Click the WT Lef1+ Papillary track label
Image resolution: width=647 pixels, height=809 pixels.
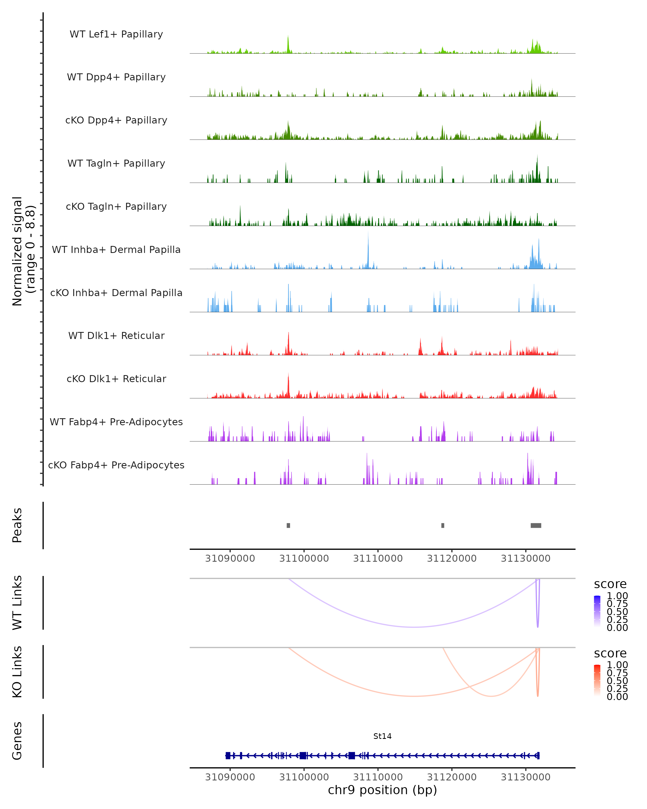pos(116,34)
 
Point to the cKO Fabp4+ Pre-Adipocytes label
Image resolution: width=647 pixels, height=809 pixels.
pos(116,465)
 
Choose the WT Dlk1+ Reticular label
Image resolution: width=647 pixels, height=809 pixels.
pos(116,335)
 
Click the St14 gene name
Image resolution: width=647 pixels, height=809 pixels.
pos(382,736)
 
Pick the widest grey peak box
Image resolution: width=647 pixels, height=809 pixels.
pos(536,525)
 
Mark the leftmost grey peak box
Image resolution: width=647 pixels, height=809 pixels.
pos(288,525)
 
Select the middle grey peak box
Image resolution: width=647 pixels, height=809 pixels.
pos(443,525)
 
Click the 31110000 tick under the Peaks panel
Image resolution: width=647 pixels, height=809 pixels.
pos(378,558)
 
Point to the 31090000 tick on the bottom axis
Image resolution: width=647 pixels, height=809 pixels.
pos(230,777)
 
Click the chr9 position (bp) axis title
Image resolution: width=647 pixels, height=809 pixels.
pos(382,790)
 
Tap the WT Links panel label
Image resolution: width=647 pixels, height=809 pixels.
pos(17,603)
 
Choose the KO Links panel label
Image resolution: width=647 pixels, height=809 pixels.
pos(17,672)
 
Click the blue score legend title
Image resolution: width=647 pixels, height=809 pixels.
pos(610,584)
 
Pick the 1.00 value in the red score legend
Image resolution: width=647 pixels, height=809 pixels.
pos(617,665)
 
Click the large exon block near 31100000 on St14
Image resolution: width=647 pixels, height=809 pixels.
pos(303,756)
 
